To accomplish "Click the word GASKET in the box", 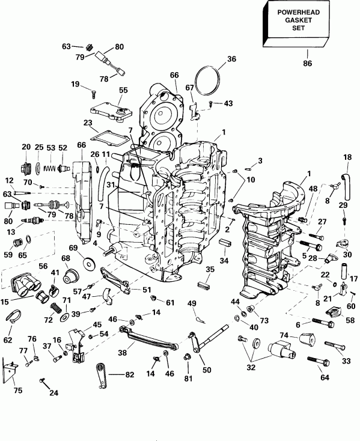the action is click(x=299, y=20).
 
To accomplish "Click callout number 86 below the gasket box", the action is click(x=307, y=63).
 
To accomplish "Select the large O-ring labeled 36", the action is click(x=208, y=81).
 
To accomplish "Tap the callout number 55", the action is click(x=123, y=90).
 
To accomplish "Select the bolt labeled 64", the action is click(x=319, y=362).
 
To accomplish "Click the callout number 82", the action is click(x=129, y=375).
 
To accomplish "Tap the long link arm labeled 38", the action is click(x=148, y=338).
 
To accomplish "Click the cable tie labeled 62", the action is click(x=13, y=315).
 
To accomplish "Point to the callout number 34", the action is click(x=224, y=260).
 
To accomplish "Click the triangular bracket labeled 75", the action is click(x=10, y=369).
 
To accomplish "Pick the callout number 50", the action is click(x=207, y=370).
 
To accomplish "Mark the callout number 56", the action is click(x=43, y=266).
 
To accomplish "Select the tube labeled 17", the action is click(x=344, y=271).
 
